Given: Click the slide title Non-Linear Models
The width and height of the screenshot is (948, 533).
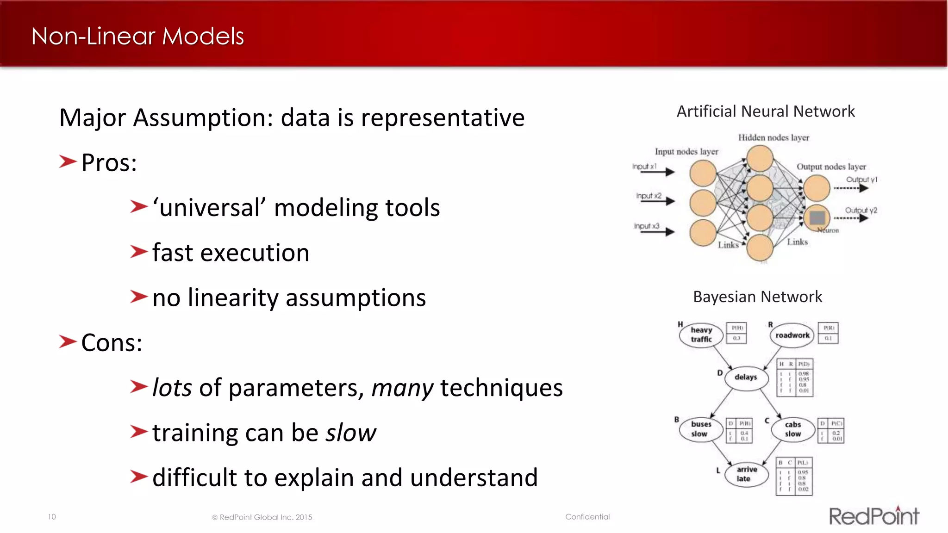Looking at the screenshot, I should click(x=137, y=36).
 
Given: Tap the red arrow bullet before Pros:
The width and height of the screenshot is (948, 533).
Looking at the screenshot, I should click(x=68, y=162).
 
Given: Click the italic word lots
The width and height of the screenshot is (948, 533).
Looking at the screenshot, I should click(x=172, y=388).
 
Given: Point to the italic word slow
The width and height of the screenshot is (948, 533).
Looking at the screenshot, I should click(x=351, y=433).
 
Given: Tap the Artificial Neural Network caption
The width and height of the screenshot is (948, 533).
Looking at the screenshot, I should click(x=765, y=112).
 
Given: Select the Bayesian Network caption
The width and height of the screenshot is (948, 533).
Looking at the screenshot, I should click(x=757, y=297).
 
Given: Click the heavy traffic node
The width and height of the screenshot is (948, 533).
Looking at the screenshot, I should click(x=701, y=335).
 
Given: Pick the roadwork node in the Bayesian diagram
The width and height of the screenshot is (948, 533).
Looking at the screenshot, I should click(x=792, y=335).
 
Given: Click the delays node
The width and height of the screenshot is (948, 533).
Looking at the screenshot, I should click(x=745, y=377).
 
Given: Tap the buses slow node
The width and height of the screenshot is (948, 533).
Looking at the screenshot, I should click(x=700, y=429).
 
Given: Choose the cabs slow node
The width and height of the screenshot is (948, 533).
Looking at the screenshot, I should click(x=792, y=429).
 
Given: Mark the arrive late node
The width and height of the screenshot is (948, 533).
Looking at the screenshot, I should click(x=746, y=474).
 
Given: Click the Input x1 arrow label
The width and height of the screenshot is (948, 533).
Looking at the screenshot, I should click(x=644, y=166).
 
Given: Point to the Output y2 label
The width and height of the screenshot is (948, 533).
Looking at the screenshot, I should click(x=861, y=210).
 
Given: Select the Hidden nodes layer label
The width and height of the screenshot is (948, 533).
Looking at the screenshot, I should click(x=773, y=137).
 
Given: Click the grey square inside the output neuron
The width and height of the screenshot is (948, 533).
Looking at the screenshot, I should click(x=817, y=217).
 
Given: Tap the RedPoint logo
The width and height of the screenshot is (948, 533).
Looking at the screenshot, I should click(x=873, y=516).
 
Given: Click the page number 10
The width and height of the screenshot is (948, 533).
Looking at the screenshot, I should click(x=52, y=517).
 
